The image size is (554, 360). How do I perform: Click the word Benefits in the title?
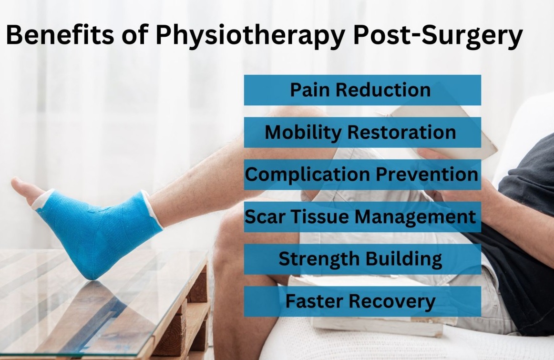(x=60, y=35)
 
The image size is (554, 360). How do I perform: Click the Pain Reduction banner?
(x=362, y=90)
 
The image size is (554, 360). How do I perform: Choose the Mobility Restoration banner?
(x=362, y=132)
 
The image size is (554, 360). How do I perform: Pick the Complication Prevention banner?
(x=362, y=175)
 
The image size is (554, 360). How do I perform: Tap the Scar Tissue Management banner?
(x=362, y=216)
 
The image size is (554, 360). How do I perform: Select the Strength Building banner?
(x=362, y=259)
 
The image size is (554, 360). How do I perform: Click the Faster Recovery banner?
(x=362, y=301)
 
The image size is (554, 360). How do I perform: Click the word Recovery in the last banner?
(x=393, y=302)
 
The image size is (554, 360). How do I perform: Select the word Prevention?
(x=427, y=174)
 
